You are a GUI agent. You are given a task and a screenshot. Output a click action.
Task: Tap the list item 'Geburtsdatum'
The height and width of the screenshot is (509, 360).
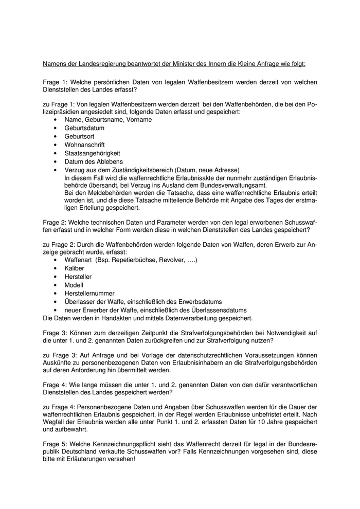pos(84,128)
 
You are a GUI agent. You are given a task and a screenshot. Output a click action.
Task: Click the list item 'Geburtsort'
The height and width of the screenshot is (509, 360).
pos(80,136)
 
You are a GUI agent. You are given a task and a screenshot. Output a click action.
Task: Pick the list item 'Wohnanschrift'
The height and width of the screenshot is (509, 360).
pos(84,145)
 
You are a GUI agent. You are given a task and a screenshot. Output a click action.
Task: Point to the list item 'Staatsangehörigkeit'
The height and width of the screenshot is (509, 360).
pos(92,153)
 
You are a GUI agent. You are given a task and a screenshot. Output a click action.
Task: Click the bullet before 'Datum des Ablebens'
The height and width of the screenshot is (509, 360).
pos(55,162)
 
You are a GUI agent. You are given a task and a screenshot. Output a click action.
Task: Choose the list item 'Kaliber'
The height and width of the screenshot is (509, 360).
pos(74,268)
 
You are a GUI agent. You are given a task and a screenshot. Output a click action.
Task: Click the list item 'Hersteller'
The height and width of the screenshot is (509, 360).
pos(78,277)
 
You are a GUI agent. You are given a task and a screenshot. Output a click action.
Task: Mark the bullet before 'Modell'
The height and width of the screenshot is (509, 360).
pos(55,285)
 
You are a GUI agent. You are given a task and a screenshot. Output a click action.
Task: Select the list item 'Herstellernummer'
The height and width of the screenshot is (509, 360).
pos(89,293)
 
